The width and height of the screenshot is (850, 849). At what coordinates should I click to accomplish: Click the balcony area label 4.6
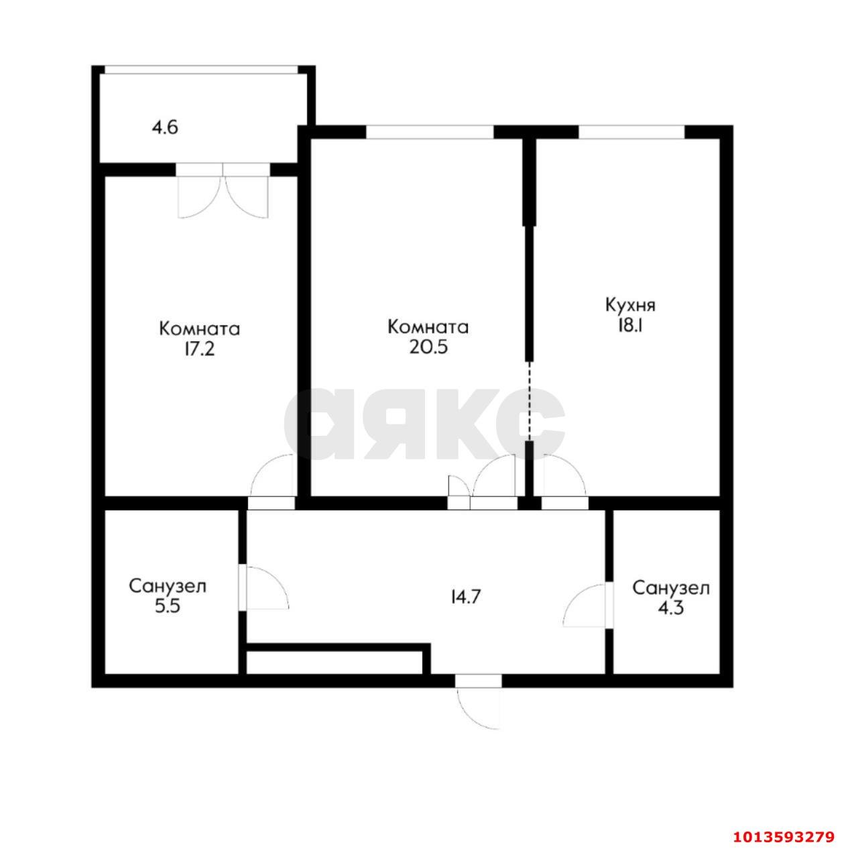[x=165, y=127]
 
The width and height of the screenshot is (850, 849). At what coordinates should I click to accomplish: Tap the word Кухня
[x=630, y=305]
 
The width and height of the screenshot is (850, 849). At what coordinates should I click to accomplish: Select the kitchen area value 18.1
[x=630, y=325]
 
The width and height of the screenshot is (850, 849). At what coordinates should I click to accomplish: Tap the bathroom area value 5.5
[x=167, y=606]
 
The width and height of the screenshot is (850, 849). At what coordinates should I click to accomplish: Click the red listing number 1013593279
[x=782, y=836]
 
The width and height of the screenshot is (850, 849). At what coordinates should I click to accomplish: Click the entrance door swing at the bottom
[x=478, y=704]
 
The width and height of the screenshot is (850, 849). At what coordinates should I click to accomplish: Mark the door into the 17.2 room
[x=271, y=477]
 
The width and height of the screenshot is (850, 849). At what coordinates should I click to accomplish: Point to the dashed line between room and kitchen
[x=529, y=401]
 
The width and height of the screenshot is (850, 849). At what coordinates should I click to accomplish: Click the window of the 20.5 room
[x=429, y=132]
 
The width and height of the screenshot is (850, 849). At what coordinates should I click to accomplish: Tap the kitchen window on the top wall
[x=631, y=132]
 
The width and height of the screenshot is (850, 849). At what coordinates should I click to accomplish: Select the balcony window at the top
[x=201, y=69]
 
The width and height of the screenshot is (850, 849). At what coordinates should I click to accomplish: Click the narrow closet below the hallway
[x=335, y=662]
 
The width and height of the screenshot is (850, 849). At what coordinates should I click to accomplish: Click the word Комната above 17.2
[x=200, y=329]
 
